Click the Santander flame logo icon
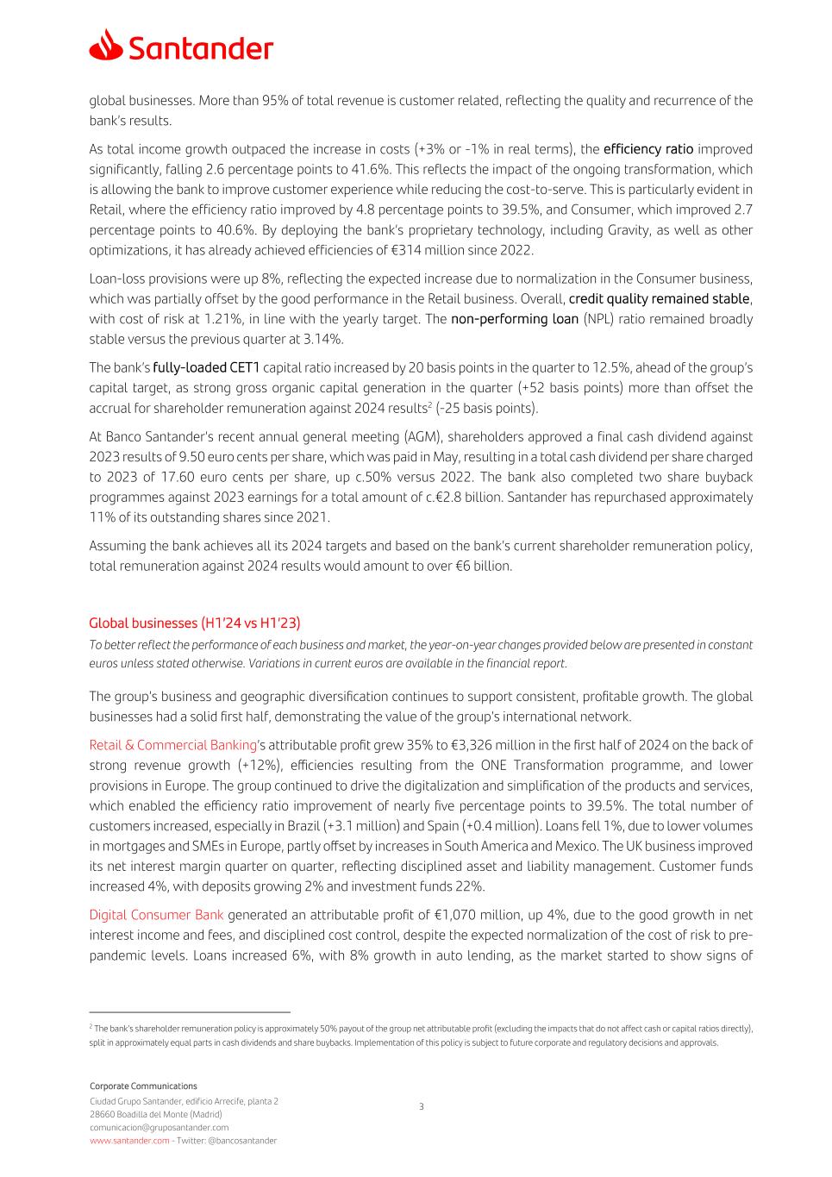pyautogui.click(x=106, y=45)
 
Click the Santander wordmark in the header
pyautogui.click(x=201, y=48)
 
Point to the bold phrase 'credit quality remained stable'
pyautogui.click(x=659, y=298)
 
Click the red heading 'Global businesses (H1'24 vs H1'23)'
pyautogui.click(x=195, y=623)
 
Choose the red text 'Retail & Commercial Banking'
pyautogui.click(x=172, y=745)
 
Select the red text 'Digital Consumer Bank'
pyautogui.click(x=156, y=915)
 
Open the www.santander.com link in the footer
pyautogui.click(x=129, y=1141)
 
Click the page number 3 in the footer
pyautogui.click(x=421, y=1106)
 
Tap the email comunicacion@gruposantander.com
pyautogui.click(x=159, y=1127)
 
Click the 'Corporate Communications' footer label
pyautogui.click(x=143, y=1086)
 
